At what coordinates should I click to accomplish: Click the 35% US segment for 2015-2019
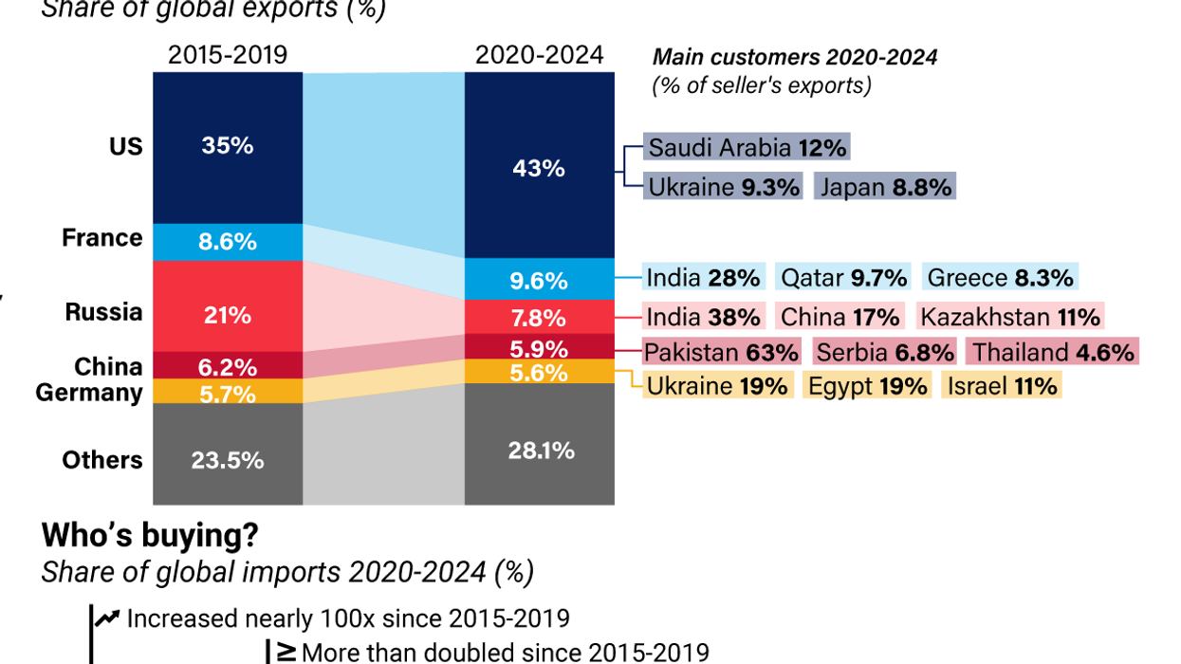pyautogui.click(x=227, y=146)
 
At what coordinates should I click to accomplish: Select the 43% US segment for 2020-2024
pyautogui.click(x=539, y=168)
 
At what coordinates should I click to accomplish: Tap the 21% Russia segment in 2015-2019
pyautogui.click(x=227, y=314)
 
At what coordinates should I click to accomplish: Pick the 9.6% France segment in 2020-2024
pyautogui.click(x=539, y=281)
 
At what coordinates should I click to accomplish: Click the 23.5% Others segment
pyautogui.click(x=227, y=460)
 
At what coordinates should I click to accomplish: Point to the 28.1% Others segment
pyautogui.click(x=539, y=450)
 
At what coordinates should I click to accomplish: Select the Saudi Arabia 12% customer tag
pyautogui.click(x=746, y=148)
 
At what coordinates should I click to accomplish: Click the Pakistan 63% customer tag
pyautogui.click(x=721, y=353)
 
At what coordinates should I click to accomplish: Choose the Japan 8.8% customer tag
pyautogui.click(x=884, y=187)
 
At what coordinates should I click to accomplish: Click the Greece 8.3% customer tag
pyautogui.click(x=1000, y=278)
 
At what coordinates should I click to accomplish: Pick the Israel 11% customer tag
pyautogui.click(x=1001, y=386)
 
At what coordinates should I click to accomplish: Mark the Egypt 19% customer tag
pyautogui.click(x=867, y=386)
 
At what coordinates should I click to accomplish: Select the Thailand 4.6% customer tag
pyautogui.click(x=1052, y=353)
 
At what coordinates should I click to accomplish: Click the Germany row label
pyautogui.click(x=89, y=392)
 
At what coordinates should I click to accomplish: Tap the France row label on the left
pyautogui.click(x=102, y=238)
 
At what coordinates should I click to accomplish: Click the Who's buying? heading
pyautogui.click(x=150, y=536)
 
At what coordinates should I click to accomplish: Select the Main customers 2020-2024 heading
pyautogui.click(x=795, y=57)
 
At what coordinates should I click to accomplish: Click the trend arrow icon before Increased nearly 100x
pyautogui.click(x=108, y=618)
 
